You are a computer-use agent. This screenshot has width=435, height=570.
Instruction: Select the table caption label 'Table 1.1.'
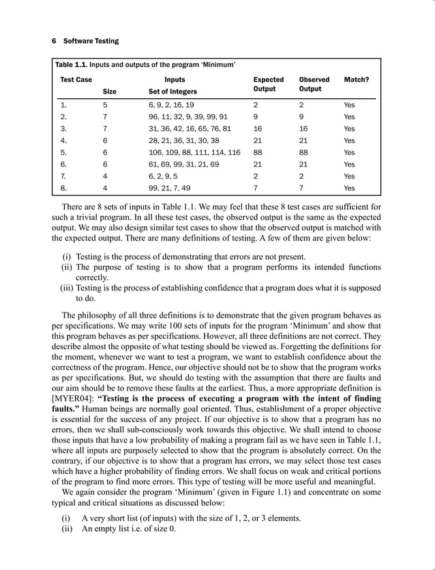point(74,65)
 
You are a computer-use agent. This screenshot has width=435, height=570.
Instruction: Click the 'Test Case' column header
point(76,80)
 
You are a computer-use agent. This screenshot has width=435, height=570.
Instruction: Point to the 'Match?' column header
point(357,80)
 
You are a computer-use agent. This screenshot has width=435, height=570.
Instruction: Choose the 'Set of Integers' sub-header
point(172,91)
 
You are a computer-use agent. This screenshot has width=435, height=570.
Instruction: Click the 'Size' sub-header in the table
point(109,91)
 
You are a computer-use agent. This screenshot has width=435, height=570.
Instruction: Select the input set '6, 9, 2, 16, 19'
point(171,105)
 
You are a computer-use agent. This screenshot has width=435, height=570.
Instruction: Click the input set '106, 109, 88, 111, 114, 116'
point(194,153)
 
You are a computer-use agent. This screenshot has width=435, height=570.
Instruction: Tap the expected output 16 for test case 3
point(257,129)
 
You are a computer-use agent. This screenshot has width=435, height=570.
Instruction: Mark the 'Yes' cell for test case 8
point(349,188)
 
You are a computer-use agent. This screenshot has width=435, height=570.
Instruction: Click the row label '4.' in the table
point(63,140)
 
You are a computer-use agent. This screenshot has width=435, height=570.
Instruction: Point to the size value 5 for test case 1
point(105,105)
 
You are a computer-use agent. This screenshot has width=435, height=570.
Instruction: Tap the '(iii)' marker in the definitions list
point(66,288)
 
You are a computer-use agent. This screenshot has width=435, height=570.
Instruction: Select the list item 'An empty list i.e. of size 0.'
point(128,529)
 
